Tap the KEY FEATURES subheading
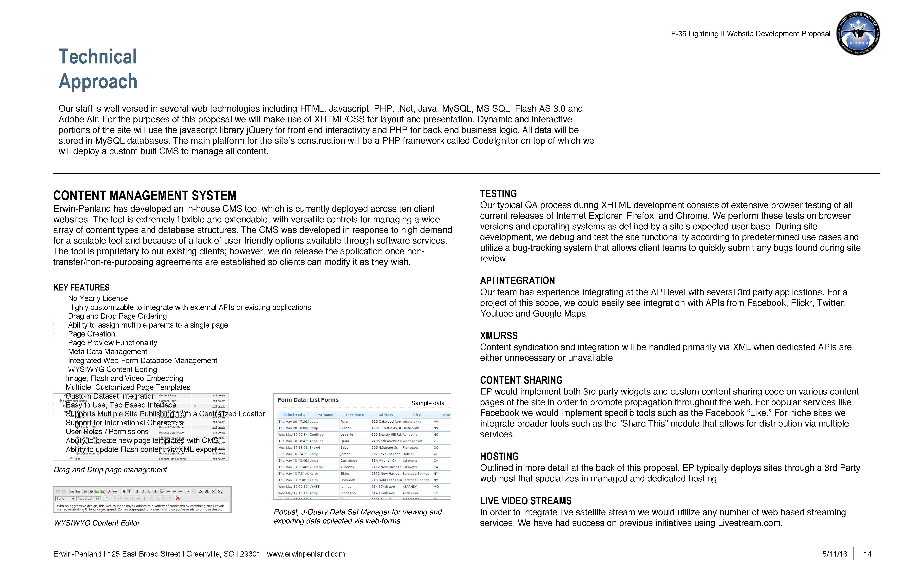click(81, 287)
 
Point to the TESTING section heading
click(498, 194)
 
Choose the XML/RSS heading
click(498, 336)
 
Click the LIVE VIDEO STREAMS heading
click(526, 501)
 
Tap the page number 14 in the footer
click(867, 554)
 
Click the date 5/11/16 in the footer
click(835, 554)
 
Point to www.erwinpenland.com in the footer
click(306, 554)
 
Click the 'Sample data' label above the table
click(428, 403)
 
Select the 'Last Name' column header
click(354, 415)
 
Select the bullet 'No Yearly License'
click(98, 298)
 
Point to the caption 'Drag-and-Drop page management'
click(110, 470)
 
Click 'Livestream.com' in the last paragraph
click(749, 523)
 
